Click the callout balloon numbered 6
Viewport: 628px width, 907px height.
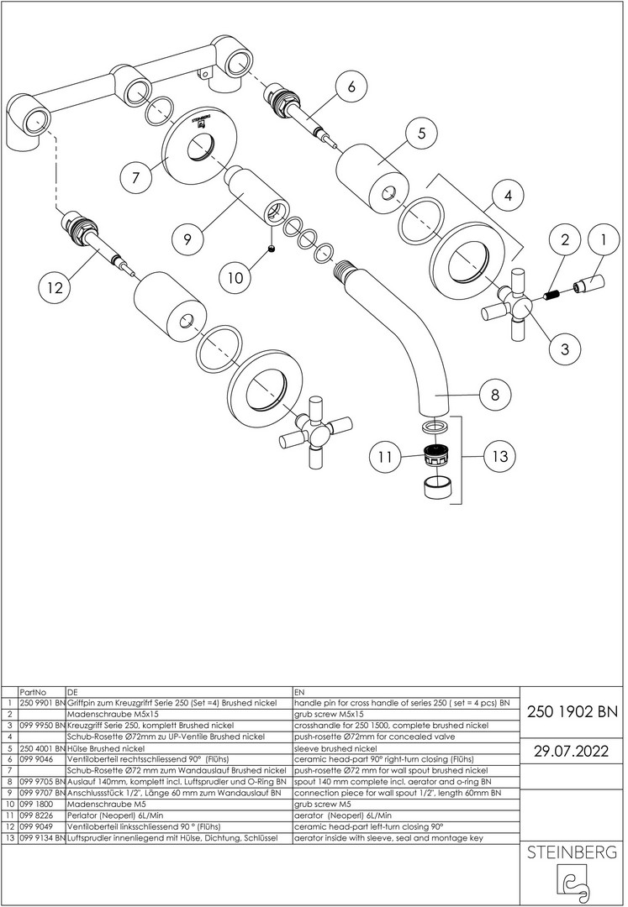click(351, 87)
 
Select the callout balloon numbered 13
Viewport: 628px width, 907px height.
click(499, 456)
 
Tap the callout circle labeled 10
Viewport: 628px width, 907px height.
click(235, 278)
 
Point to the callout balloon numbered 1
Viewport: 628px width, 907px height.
click(603, 240)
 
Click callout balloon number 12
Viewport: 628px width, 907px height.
click(55, 286)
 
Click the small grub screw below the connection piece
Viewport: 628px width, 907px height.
click(271, 249)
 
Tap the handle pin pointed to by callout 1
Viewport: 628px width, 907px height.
click(588, 285)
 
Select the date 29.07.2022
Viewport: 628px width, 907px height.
click(573, 751)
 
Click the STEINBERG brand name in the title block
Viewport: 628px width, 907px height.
click(572, 852)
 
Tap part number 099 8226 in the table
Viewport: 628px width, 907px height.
click(34, 815)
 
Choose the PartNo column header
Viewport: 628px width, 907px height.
click(33, 692)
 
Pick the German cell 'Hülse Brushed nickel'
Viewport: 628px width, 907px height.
click(106, 748)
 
